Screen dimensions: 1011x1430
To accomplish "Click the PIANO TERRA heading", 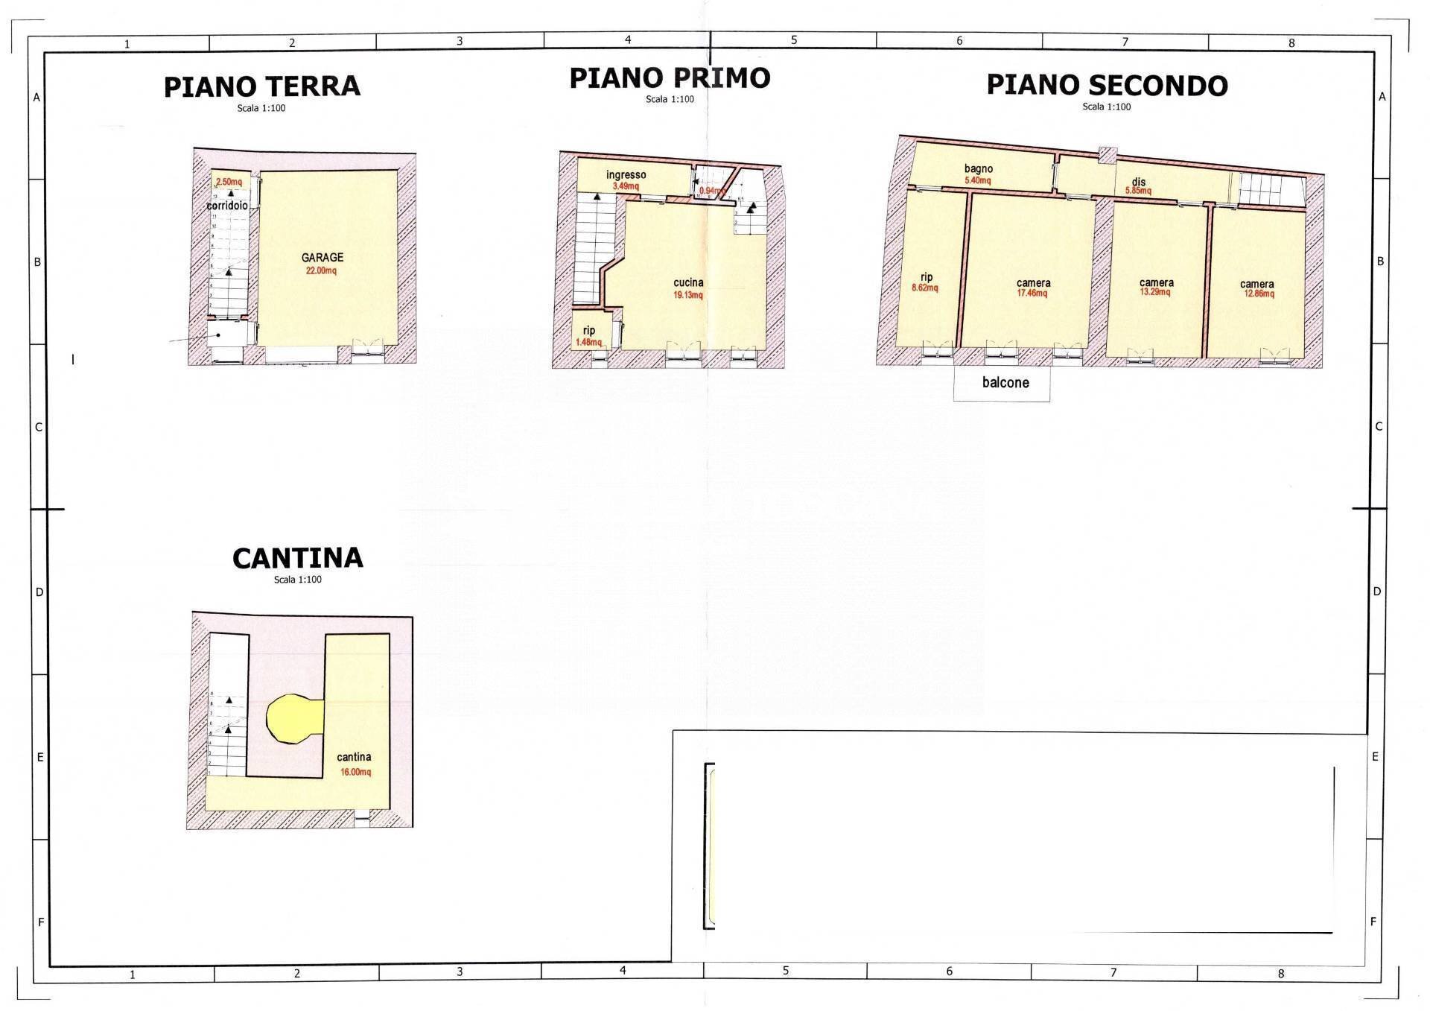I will [x=261, y=86].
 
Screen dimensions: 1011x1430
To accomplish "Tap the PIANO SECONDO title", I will [x=1107, y=86].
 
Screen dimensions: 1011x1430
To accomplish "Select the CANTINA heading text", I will [x=297, y=558].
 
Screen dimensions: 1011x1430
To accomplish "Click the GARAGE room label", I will [x=322, y=258].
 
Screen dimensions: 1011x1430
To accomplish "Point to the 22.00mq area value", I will [x=321, y=270].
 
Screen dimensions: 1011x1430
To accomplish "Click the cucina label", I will [x=688, y=283].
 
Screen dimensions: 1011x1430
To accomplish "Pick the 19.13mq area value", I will [x=688, y=295].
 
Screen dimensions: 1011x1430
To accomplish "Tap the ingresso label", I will [x=626, y=175].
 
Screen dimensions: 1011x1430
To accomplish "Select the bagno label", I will [x=978, y=169].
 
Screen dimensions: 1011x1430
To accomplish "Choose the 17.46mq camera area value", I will [x=1032, y=294].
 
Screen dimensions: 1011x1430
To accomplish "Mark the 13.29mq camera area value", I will [x=1155, y=292].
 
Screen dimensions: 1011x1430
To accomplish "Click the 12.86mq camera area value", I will [x=1258, y=294].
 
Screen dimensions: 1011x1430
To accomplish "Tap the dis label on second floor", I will [x=1138, y=182].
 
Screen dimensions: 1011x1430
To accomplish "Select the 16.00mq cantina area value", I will [x=355, y=772].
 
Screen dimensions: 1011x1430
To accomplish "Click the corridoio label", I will [x=227, y=205].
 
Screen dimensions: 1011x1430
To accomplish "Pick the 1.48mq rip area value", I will [x=588, y=342].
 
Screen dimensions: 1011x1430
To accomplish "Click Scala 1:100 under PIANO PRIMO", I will [x=670, y=99].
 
